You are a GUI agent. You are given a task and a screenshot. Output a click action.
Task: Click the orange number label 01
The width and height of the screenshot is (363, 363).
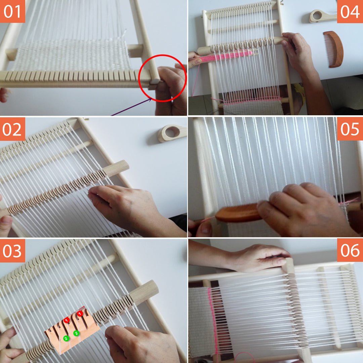point(12,11)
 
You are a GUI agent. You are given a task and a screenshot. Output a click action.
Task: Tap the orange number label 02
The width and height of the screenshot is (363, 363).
point(12,129)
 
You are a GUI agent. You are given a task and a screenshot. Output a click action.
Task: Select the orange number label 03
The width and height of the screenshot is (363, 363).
point(12,250)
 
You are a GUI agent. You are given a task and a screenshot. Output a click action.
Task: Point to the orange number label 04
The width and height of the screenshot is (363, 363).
point(350,11)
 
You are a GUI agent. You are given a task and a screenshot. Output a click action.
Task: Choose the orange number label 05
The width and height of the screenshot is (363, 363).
point(350,129)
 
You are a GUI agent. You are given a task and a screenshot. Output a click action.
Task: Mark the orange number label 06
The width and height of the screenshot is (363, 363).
point(350,250)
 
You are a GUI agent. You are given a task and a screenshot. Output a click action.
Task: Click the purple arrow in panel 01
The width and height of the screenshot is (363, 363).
point(131,107)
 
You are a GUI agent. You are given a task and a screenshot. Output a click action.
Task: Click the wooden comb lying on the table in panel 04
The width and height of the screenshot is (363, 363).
point(333,48)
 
